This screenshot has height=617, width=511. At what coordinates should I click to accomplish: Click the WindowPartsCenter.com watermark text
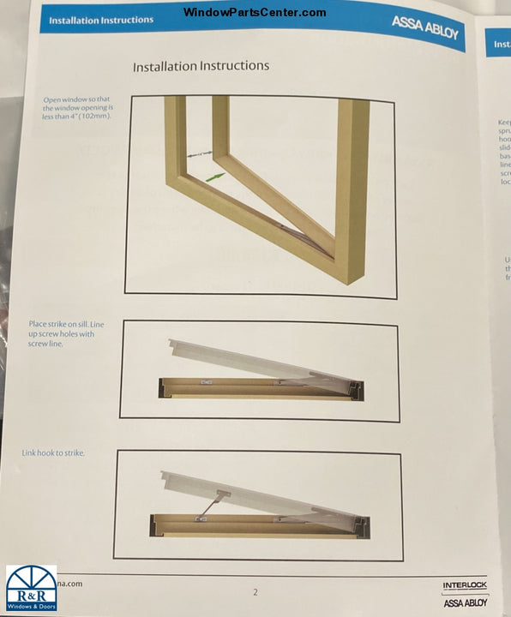255,12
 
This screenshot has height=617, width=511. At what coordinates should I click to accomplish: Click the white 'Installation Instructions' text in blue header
101,20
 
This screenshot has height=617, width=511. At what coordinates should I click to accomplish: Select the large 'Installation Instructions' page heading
201,66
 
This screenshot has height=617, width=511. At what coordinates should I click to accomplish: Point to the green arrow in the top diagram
215,176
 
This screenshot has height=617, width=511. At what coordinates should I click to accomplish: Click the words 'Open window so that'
78,100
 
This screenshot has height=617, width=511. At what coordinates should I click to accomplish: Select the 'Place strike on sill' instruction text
65,325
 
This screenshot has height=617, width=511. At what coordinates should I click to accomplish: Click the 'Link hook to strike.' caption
53,452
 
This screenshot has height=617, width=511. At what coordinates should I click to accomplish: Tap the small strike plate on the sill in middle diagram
205,382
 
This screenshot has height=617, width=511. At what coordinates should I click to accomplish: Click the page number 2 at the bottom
255,591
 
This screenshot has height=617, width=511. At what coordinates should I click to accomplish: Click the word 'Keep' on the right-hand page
503,123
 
